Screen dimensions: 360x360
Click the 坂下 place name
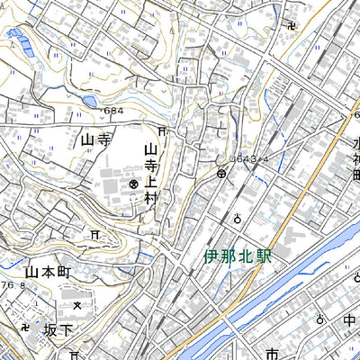(x=57, y=329)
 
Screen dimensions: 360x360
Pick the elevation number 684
(x=112, y=111)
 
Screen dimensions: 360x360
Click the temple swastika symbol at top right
(x=288, y=24)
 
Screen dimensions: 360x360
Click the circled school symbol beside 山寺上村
(x=133, y=184)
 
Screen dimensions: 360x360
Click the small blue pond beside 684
(x=87, y=102)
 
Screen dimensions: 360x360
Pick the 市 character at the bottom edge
(x=272, y=353)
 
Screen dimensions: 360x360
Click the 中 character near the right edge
(x=349, y=319)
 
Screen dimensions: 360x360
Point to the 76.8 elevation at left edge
(x=11, y=285)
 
